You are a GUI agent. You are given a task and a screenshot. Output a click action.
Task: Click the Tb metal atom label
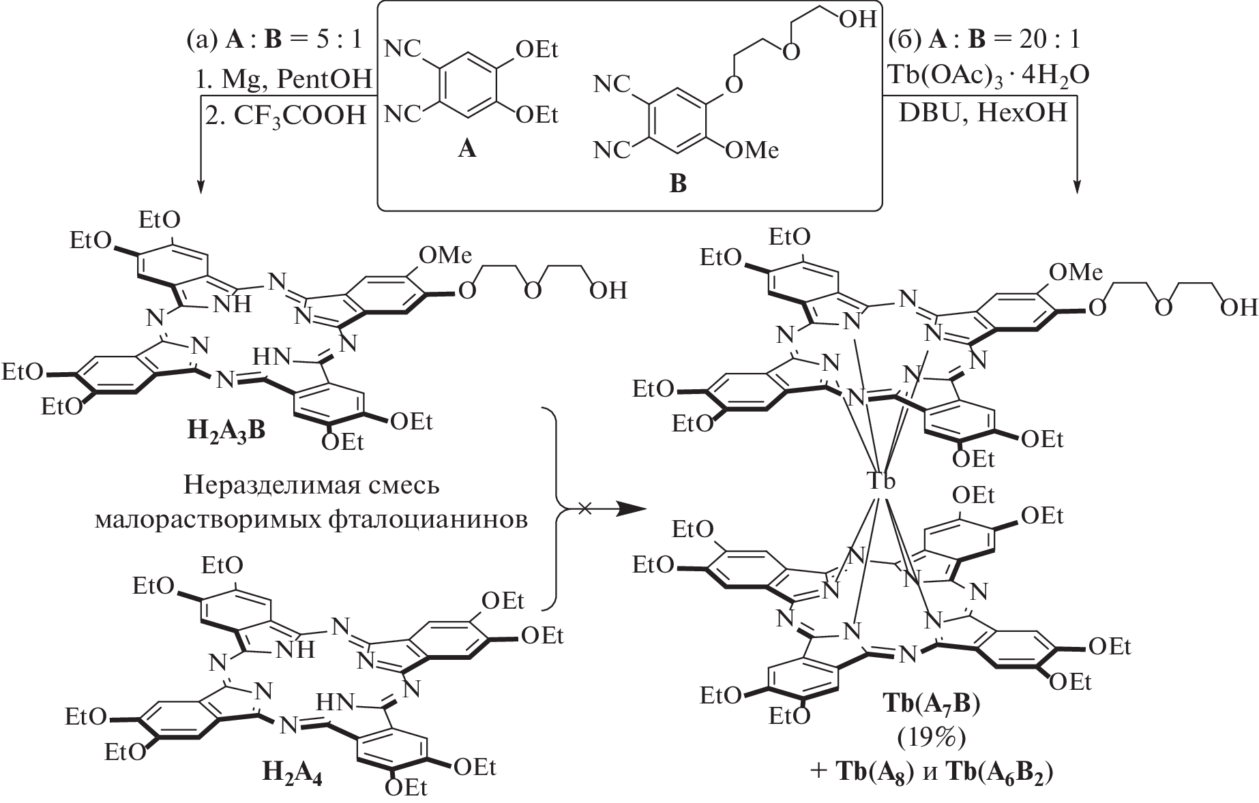coord(881,481)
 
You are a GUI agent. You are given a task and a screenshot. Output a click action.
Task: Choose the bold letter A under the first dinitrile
coord(466,149)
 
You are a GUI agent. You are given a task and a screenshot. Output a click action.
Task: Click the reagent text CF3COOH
coord(297,116)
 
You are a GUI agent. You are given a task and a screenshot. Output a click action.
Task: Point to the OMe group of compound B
coord(751,150)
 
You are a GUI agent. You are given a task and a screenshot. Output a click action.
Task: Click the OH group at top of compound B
coord(857,19)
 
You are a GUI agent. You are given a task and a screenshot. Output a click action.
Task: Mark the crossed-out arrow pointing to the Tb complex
coord(600,509)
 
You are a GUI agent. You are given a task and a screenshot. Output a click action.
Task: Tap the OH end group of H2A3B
coord(608,291)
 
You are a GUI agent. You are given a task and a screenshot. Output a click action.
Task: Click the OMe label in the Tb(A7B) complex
coord(1075,273)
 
